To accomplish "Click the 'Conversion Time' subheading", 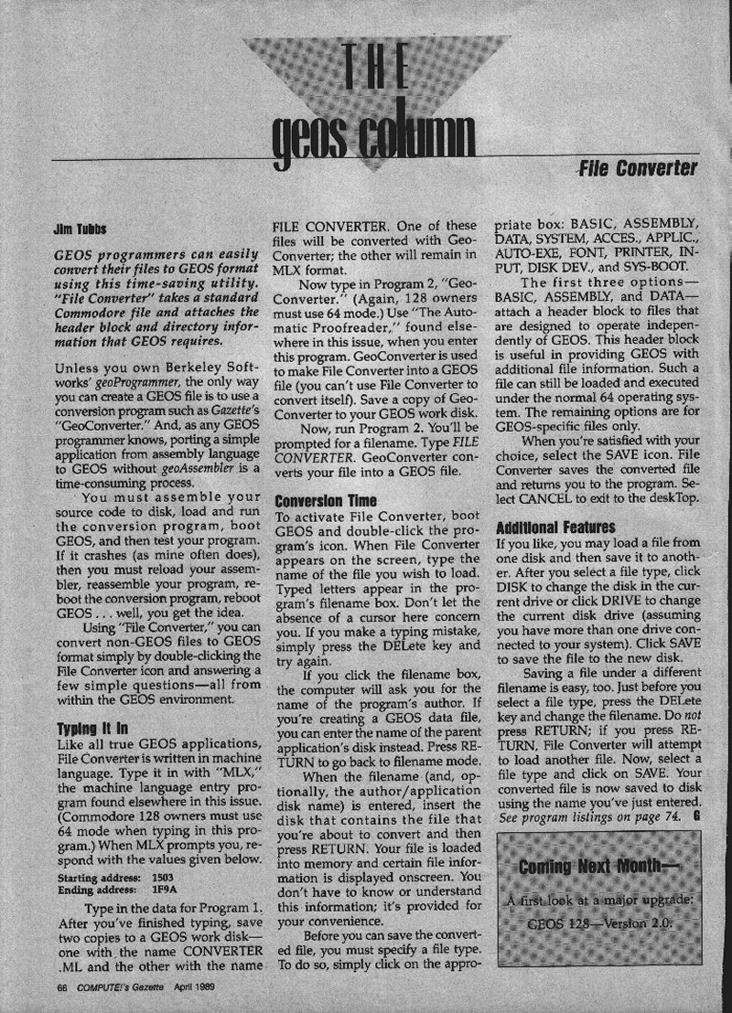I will (x=315, y=502).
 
